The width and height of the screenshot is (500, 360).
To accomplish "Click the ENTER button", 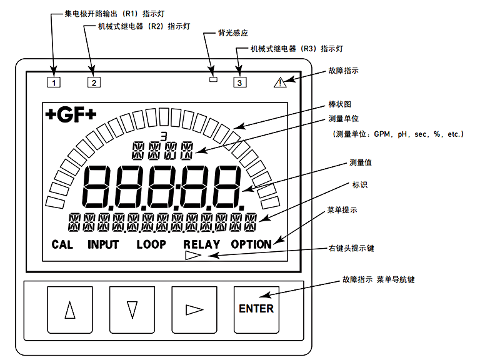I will click(256, 309).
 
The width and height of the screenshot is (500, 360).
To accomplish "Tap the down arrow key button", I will click(131, 309).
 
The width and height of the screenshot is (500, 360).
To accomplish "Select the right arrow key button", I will click(194, 309).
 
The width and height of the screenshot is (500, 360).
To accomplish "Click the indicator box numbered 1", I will click(53, 81).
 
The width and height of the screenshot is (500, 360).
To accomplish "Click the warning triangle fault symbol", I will click(280, 82).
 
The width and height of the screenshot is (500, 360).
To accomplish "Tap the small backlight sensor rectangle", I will click(213, 79).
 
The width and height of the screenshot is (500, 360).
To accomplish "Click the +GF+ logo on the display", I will click(71, 115).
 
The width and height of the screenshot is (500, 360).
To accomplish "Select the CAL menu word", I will click(62, 244).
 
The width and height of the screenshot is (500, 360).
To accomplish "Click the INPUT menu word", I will click(103, 244).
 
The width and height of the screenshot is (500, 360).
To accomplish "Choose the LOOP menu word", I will click(151, 244).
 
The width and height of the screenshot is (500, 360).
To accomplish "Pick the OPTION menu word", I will click(251, 244).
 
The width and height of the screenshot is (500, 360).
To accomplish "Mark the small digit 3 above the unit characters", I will click(164, 136).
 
